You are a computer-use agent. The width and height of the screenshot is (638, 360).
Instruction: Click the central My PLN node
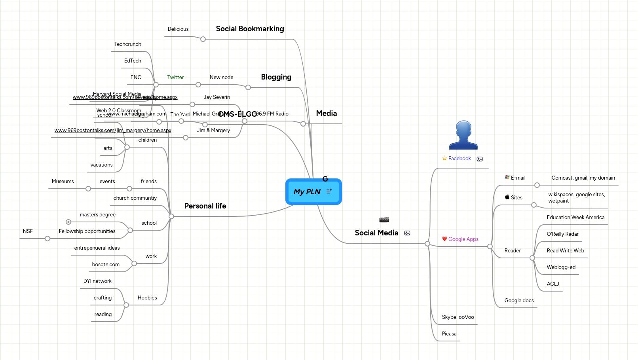pyautogui.click(x=307, y=192)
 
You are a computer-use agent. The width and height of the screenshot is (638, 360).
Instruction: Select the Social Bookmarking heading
pyautogui.click(x=250, y=29)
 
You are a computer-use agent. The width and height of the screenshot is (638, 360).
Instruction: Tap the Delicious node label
pyautogui.click(x=178, y=29)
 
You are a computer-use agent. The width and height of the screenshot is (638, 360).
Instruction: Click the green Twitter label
pyautogui.click(x=175, y=78)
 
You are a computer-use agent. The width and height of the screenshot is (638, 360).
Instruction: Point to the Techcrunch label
pyautogui.click(x=127, y=44)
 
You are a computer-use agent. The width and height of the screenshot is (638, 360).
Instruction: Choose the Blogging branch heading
pyautogui.click(x=276, y=77)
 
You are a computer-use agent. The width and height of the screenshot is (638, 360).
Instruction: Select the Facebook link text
pyautogui.click(x=460, y=159)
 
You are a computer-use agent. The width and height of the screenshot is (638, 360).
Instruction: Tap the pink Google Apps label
pyautogui.click(x=463, y=239)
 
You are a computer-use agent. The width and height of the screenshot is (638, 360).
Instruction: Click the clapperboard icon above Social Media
pyautogui.click(x=384, y=220)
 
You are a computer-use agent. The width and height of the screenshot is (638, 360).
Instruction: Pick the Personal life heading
pyautogui.click(x=205, y=206)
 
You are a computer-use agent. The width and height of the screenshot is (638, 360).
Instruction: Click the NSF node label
pyautogui.click(x=28, y=231)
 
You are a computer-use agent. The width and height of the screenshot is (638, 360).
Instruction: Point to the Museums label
pyautogui.click(x=63, y=182)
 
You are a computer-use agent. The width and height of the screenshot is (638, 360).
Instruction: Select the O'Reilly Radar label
pyautogui.click(x=562, y=234)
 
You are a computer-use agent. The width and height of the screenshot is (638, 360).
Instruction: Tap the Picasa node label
pyautogui.click(x=449, y=334)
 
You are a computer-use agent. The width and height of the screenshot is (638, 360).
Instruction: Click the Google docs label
pyautogui.click(x=519, y=301)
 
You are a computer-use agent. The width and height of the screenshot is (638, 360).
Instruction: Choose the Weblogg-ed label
pyautogui.click(x=561, y=267)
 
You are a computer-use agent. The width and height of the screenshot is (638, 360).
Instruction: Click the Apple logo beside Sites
pyautogui.click(x=507, y=197)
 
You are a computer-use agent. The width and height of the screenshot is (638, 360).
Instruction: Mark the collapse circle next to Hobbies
pyautogui.click(x=126, y=305)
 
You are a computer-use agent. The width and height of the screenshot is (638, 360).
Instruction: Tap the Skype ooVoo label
pyautogui.click(x=458, y=317)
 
